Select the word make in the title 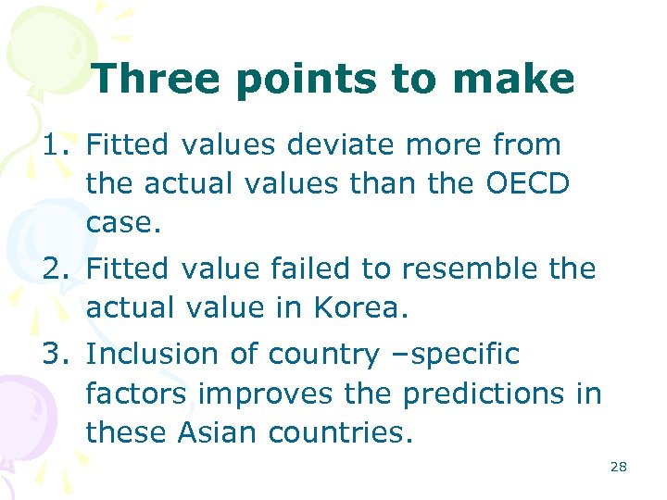tap(519, 79)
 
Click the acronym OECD tap(527, 183)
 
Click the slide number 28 tap(618, 467)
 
